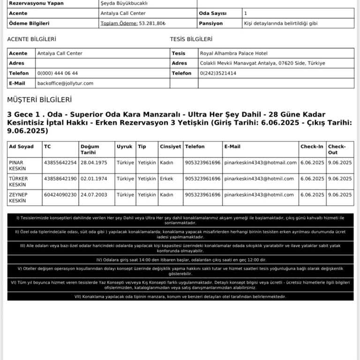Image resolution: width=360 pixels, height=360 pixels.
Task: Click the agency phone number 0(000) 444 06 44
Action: tap(57, 73)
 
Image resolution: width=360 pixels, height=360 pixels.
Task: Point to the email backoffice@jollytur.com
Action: tap(65, 83)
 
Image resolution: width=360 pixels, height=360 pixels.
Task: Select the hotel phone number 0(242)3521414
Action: tap(218, 73)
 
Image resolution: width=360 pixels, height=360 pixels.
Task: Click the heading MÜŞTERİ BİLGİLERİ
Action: tap(39, 100)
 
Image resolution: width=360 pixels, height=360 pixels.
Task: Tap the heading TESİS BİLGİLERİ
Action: tap(191, 39)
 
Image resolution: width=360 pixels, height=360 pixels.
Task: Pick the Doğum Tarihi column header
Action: tap(90, 150)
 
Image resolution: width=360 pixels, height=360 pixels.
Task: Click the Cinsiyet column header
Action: tap(170, 147)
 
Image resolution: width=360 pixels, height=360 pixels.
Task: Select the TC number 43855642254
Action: tap(60, 163)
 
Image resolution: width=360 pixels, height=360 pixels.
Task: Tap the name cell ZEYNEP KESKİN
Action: tap(18, 198)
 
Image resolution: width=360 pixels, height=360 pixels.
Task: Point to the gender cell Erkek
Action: tap(166, 179)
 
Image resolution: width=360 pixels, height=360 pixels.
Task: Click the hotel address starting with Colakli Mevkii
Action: tap(262, 63)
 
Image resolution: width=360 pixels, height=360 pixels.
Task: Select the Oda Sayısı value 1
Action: tap(246, 13)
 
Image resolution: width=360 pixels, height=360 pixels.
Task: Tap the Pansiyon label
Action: tap(210, 23)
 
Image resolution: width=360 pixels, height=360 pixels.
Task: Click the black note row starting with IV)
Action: tap(180, 259)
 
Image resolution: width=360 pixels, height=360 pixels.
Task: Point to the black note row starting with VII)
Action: tap(180, 296)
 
